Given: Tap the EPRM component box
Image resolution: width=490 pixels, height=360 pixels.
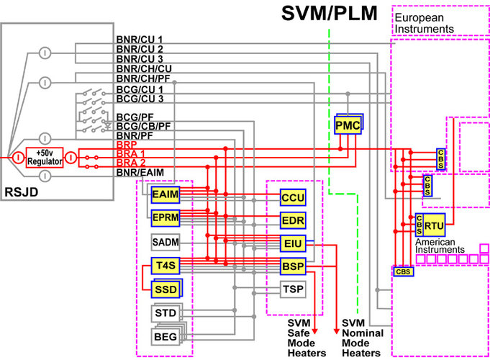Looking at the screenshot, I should tap(163, 216).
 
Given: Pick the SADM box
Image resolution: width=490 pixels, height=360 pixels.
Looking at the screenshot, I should tap(163, 240).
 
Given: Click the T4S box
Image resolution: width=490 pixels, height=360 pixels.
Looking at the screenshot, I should tap(163, 265).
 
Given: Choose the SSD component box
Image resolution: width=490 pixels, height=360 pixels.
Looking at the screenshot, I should tap(163, 289).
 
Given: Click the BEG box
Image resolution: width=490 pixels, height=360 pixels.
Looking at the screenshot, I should tap(164, 337).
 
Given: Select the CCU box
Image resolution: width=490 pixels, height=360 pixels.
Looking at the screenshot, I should tap(292, 197).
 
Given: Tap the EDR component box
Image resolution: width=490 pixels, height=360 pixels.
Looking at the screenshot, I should tap(292, 220).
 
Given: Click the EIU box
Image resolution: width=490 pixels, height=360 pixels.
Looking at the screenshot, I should tap(292, 243).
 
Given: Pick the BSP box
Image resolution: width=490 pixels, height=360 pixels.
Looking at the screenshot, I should tap(292, 267).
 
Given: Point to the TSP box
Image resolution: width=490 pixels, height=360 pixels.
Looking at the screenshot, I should tap(292, 289).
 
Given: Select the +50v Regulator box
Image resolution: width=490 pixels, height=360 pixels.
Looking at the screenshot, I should tap(45, 157).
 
